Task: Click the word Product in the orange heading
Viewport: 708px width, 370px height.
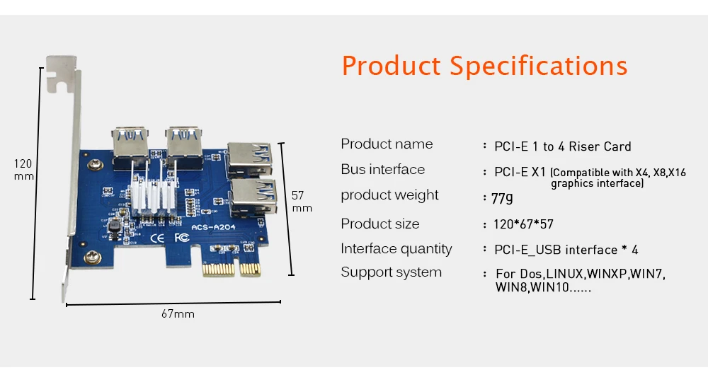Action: [x=391, y=66]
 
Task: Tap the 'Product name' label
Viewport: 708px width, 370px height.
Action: [x=387, y=144]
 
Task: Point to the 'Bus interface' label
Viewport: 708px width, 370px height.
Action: [x=382, y=170]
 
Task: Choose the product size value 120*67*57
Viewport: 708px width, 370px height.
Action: [x=523, y=225]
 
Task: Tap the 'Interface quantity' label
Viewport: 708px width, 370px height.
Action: [x=396, y=249]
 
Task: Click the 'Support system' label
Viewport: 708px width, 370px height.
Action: [x=391, y=272]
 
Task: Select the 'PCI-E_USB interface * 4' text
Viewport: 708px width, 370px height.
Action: [x=566, y=250]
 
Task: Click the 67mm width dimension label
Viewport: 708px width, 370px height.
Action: [x=178, y=314]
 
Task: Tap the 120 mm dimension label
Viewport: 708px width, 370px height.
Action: [x=23, y=170]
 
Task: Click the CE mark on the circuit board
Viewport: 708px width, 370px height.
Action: [x=159, y=238]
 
